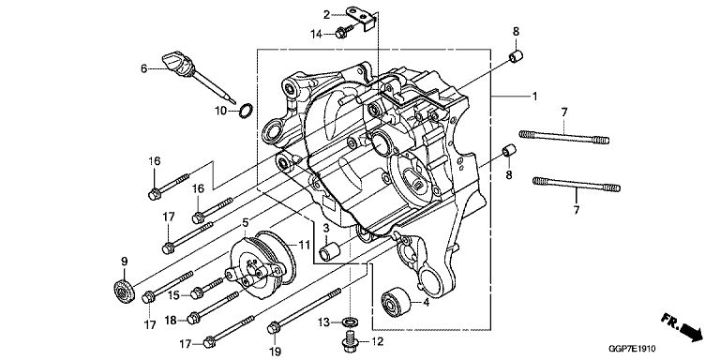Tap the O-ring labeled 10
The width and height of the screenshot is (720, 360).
pos(247,111)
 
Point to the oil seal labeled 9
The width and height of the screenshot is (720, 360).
pos(123,291)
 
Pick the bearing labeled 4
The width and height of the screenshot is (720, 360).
pos(397,301)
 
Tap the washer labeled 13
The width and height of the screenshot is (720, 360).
pos(352,321)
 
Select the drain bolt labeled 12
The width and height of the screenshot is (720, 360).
pos(352,340)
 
